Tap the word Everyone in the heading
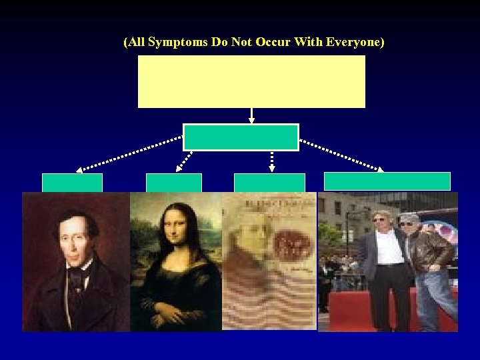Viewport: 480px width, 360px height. point(355,43)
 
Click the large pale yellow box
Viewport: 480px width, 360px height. point(251,81)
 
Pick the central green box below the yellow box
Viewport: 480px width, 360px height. point(241,137)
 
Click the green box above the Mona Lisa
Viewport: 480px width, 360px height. point(173,183)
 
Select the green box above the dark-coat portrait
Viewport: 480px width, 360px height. point(72,183)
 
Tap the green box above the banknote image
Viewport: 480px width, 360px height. point(269,183)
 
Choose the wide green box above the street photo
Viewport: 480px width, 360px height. point(387,181)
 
